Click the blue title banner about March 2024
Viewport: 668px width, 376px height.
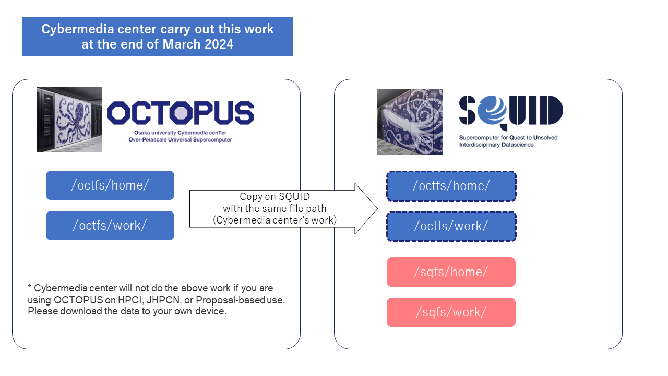pyautogui.click(x=157, y=37)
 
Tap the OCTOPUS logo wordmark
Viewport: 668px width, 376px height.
pyautogui.click(x=180, y=113)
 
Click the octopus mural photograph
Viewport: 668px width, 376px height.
pyautogui.click(x=69, y=119)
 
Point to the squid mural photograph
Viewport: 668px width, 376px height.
pyautogui.click(x=410, y=122)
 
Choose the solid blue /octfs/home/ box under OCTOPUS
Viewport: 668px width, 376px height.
pyautogui.click(x=110, y=185)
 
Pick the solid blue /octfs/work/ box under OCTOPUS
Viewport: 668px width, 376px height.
pyautogui.click(x=110, y=226)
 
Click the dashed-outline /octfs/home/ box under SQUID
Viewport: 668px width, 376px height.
pyautogui.click(x=451, y=186)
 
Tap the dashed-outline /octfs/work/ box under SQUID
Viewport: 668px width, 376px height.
pyautogui.click(x=451, y=226)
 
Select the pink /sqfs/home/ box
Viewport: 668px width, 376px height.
pyautogui.click(x=451, y=272)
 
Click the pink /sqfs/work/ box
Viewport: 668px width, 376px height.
pyautogui.click(x=451, y=312)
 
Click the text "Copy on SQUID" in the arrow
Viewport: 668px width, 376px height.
pyautogui.click(x=275, y=197)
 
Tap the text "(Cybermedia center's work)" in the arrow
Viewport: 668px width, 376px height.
pyautogui.click(x=275, y=220)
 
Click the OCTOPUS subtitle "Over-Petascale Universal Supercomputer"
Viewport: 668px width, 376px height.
pyautogui.click(x=180, y=140)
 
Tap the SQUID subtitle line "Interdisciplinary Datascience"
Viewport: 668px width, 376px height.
pyautogui.click(x=496, y=145)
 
